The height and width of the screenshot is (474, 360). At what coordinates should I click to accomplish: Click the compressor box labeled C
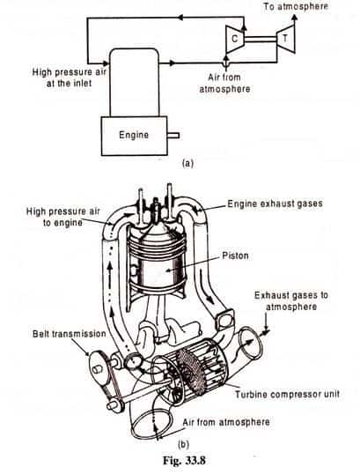pos(234,39)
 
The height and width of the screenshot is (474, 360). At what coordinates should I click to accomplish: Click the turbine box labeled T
pos(285,39)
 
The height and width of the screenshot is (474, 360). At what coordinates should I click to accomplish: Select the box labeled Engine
pos(134,136)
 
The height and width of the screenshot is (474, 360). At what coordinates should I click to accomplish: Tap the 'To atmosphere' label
pos(296,6)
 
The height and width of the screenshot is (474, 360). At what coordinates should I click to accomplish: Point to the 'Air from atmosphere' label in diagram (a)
pos(224,83)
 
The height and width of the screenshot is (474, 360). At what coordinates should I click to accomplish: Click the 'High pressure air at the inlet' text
pos(70,78)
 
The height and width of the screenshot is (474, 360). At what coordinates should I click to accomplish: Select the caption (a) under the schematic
pos(187,164)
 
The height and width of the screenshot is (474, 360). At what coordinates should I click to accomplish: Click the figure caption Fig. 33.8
pos(184,461)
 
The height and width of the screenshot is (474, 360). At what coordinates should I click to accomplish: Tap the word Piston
pos(236,256)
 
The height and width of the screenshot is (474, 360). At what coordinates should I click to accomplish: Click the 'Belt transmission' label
pos(70,334)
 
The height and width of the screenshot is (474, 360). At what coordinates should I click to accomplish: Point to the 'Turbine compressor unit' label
pos(287,395)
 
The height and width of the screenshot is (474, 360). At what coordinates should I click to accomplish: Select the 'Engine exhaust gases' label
pos(275,204)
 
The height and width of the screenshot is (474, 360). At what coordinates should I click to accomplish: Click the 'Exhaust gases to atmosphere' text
pos(291,300)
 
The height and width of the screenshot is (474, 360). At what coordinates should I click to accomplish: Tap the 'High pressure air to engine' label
pos(62,217)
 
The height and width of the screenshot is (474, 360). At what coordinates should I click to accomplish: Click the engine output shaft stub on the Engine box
pos(173,136)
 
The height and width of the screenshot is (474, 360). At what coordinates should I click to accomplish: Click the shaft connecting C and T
pos(260,39)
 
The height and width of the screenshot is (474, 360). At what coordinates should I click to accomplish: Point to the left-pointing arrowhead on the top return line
pos(180,18)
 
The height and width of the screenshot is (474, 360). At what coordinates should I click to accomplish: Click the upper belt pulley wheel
pos(99,367)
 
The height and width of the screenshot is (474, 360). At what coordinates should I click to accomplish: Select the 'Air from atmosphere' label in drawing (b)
pos(226,422)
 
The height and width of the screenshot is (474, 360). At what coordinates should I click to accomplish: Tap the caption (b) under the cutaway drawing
pos(183,445)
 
